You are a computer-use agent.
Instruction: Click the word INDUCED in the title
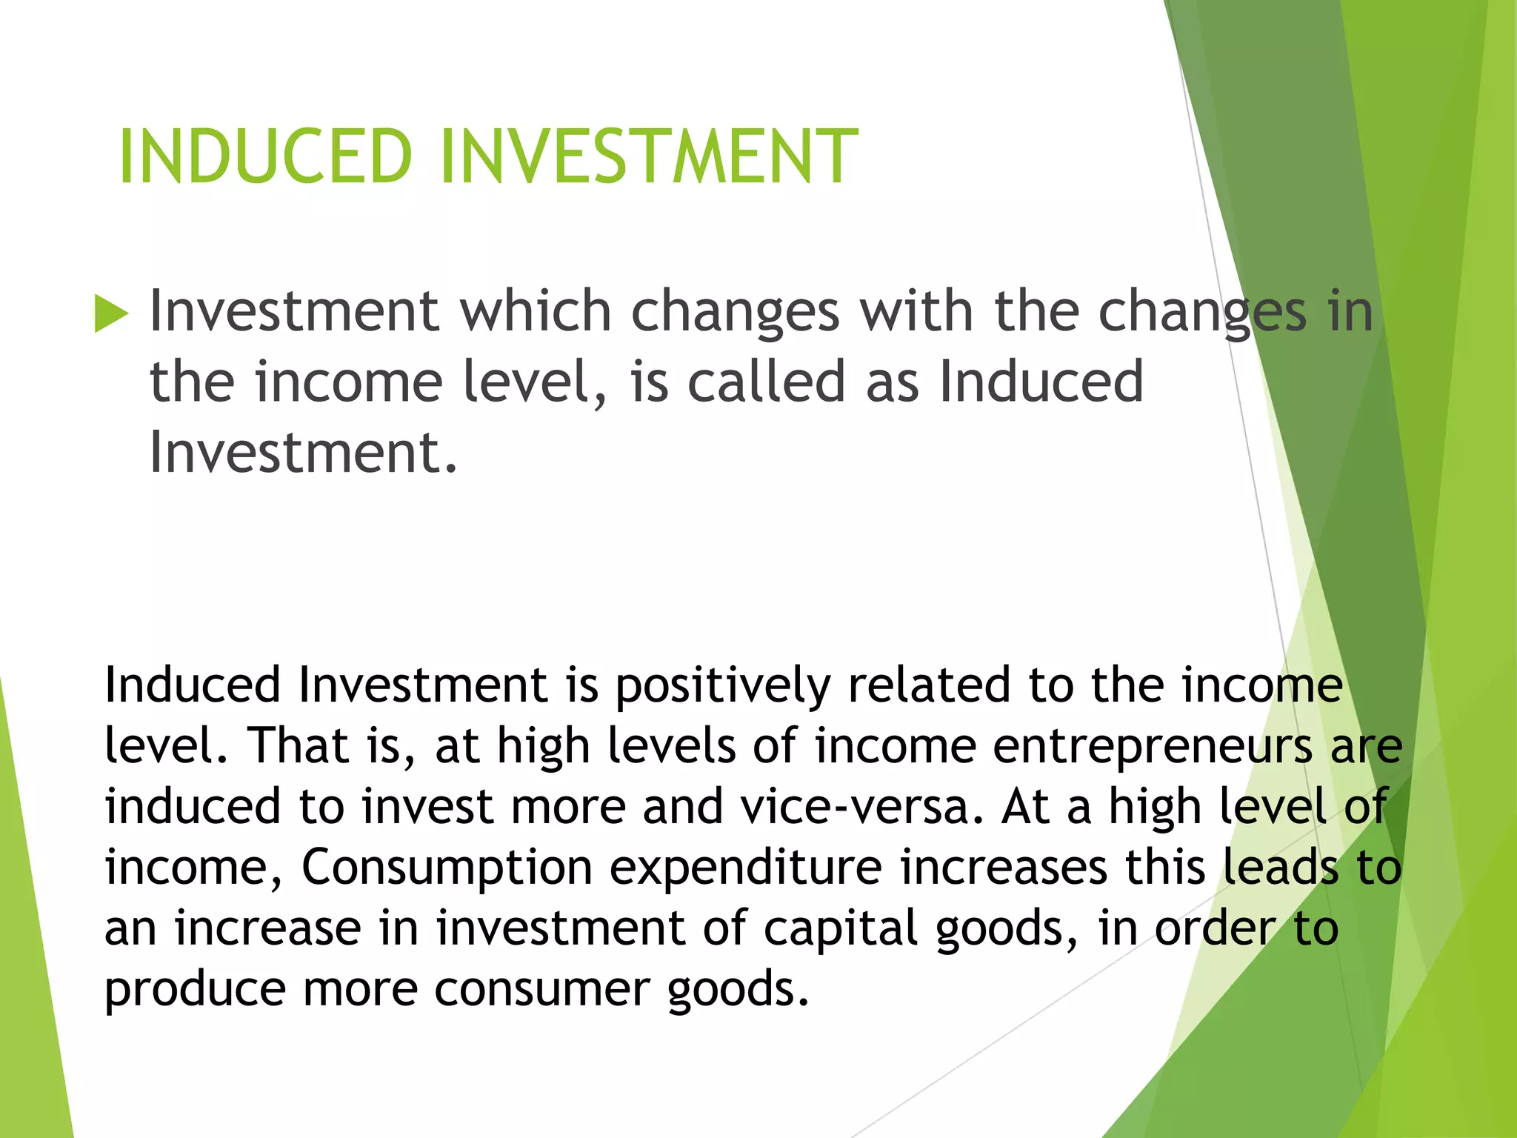(264, 156)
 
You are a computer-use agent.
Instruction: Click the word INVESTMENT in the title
(649, 156)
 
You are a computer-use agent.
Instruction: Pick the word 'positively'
(723, 685)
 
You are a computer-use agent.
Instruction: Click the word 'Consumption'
(447, 868)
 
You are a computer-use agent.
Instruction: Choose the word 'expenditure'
(746, 868)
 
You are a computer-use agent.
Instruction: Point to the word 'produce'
(195, 991)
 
